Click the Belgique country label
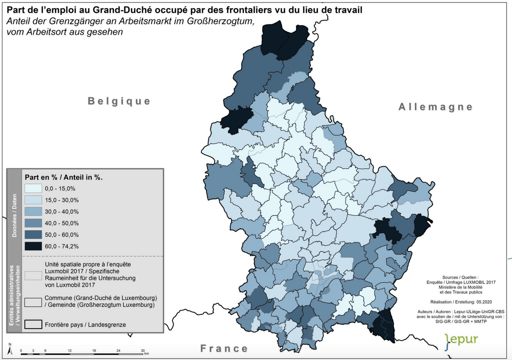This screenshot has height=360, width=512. (x=119, y=101)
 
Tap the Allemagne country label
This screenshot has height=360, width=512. (x=435, y=107)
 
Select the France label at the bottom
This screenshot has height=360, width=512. (x=224, y=349)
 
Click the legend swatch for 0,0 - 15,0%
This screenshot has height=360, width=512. (x=33, y=188)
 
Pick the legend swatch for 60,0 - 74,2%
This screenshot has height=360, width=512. (x=33, y=246)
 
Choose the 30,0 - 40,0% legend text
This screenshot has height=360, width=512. (x=62, y=212)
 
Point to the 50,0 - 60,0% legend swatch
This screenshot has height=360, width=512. (x=33, y=235)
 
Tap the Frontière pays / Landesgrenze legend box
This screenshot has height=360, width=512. (x=33, y=324)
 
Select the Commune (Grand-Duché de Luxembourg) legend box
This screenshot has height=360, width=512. (x=33, y=302)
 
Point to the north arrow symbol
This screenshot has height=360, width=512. (x=9, y=349)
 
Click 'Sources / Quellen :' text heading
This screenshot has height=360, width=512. (x=460, y=273)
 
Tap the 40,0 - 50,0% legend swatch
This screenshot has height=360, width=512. (x=33, y=223)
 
